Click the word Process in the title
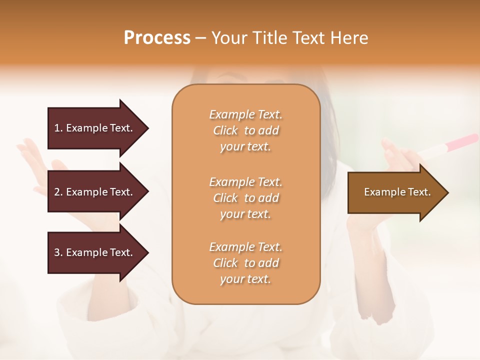(157, 38)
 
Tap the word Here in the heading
(348, 38)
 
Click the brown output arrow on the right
(397, 192)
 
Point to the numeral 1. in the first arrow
(58, 128)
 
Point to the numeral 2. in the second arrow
(58, 192)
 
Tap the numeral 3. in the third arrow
(58, 252)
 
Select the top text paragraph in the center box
(245, 130)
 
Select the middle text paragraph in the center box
(245, 198)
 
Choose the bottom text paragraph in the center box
(245, 263)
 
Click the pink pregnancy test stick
(447, 145)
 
